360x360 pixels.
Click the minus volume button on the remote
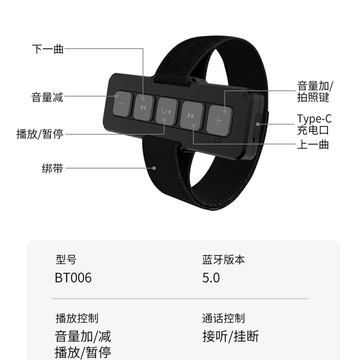pyautogui.click(x=122, y=104)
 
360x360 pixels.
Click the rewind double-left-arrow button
pyautogui.click(x=143, y=108)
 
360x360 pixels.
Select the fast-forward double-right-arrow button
pyautogui.click(x=191, y=116)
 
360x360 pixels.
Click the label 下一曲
pyautogui.click(x=48, y=49)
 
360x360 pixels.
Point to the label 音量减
pyautogui.click(x=47, y=97)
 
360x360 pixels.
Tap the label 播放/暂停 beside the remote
pyautogui.click(x=40, y=134)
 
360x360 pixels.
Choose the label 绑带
pyautogui.click(x=52, y=169)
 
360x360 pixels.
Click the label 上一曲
pyautogui.click(x=313, y=144)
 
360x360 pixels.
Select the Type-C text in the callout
pyautogui.click(x=314, y=119)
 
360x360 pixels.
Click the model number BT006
pyautogui.click(x=73, y=278)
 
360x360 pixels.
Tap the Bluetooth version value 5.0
pyautogui.click(x=211, y=278)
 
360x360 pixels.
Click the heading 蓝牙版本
pyautogui.click(x=224, y=260)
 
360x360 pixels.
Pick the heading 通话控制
pyautogui.click(x=224, y=319)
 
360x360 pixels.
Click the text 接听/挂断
pyautogui.click(x=231, y=336)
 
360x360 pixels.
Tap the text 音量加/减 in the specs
pyautogui.click(x=83, y=336)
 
